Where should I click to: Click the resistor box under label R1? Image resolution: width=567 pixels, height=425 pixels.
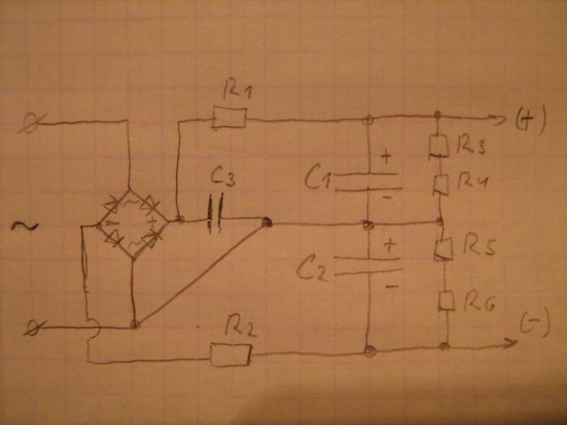[x=229, y=119]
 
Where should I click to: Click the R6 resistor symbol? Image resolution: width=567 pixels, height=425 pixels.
[x=447, y=301]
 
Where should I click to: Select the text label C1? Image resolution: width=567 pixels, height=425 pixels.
[x=317, y=180]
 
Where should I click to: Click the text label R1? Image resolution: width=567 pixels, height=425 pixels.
[x=237, y=89]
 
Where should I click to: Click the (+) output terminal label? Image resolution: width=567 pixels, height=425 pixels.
[x=532, y=122]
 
